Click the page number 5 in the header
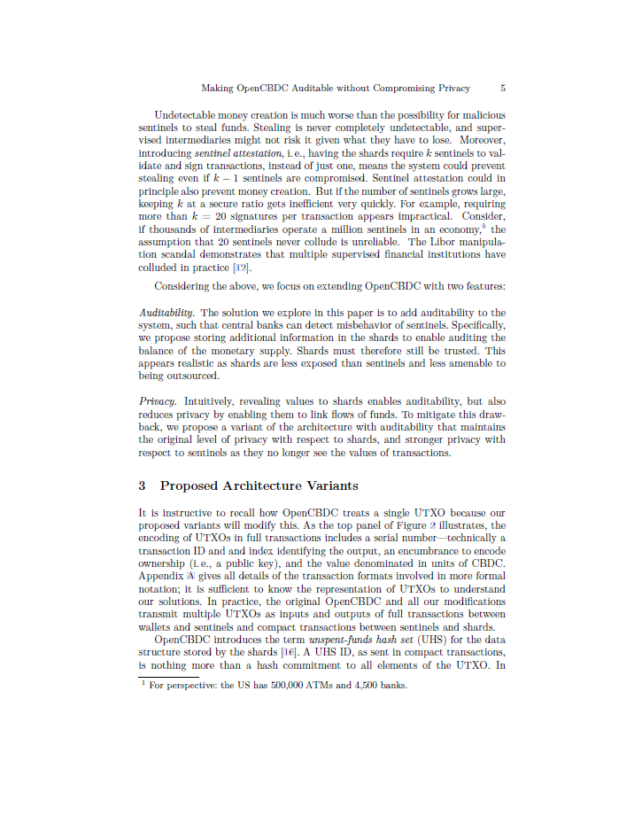click(503, 89)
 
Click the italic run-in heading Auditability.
click(167, 313)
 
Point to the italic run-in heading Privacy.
click(158, 401)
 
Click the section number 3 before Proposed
click(143, 485)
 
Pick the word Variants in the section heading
click(331, 485)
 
